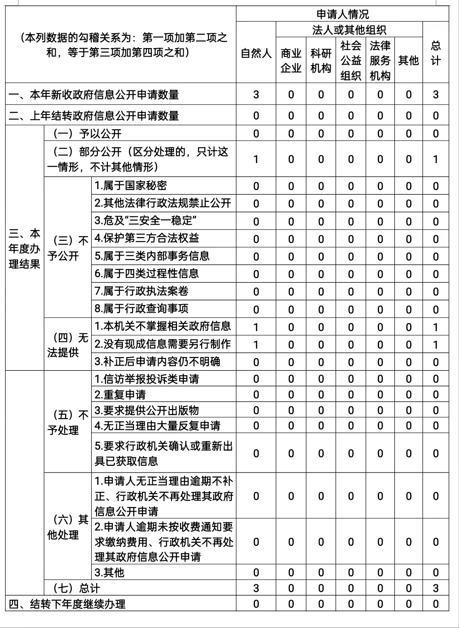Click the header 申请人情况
[342, 14]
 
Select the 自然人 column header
[256, 53]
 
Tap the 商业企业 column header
[291, 60]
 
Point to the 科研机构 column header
[321, 60]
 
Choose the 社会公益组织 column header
[351, 60]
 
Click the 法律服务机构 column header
[380, 60]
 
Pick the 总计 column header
[436, 53]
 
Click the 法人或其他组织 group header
[349, 30]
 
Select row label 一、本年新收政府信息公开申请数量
[94, 95]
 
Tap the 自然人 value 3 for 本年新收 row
[256, 95]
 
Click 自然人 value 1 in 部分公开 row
[256, 159]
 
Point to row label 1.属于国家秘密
[131, 186]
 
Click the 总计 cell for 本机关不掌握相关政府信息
[436, 327]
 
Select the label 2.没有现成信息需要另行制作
[163, 344]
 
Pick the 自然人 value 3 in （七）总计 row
[256, 588]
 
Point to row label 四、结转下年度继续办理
[67, 604]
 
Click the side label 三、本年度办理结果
[24, 248]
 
